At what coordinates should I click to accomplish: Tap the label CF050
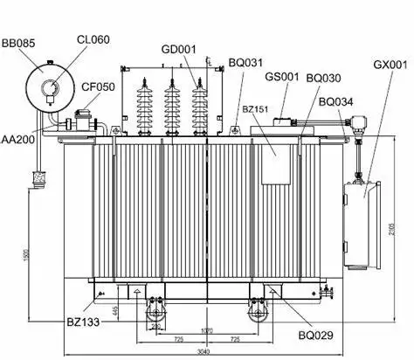[98, 87]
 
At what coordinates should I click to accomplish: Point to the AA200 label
[18, 139]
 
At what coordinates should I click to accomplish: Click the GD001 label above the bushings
[180, 49]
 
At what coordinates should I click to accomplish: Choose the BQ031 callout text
[245, 62]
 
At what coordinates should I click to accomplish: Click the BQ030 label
[324, 79]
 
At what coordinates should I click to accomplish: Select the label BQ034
[337, 101]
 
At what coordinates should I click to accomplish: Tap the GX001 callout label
[390, 65]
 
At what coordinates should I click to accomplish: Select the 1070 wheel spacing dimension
[206, 329]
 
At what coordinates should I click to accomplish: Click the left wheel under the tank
[156, 311]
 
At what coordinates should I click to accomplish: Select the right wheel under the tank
[257, 311]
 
